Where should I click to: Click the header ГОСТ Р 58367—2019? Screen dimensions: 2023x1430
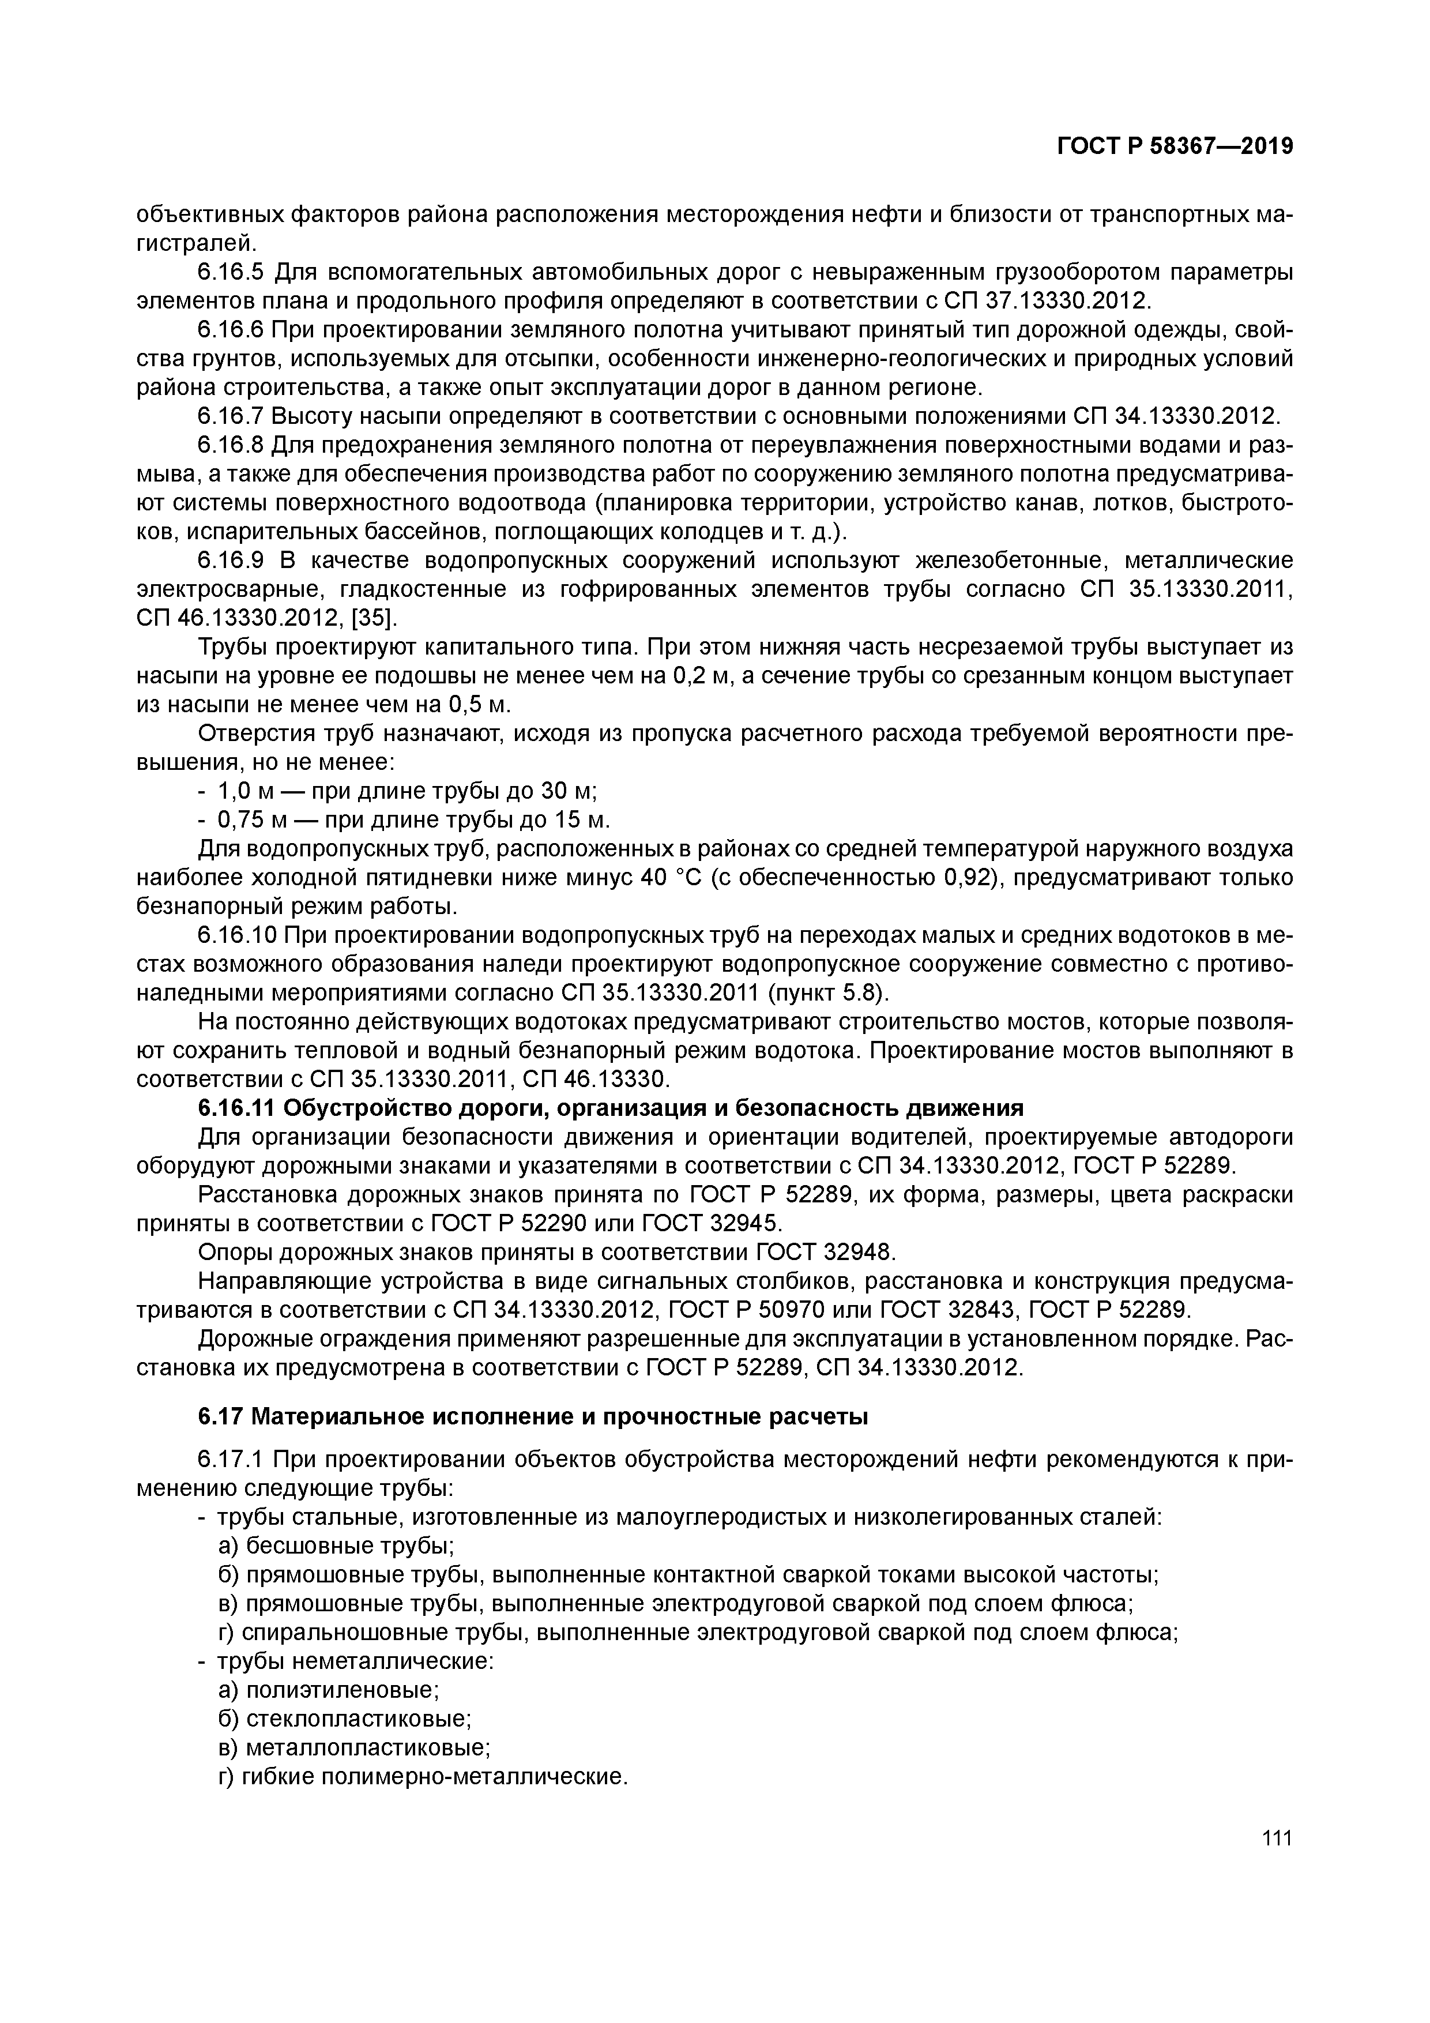tap(1175, 146)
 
